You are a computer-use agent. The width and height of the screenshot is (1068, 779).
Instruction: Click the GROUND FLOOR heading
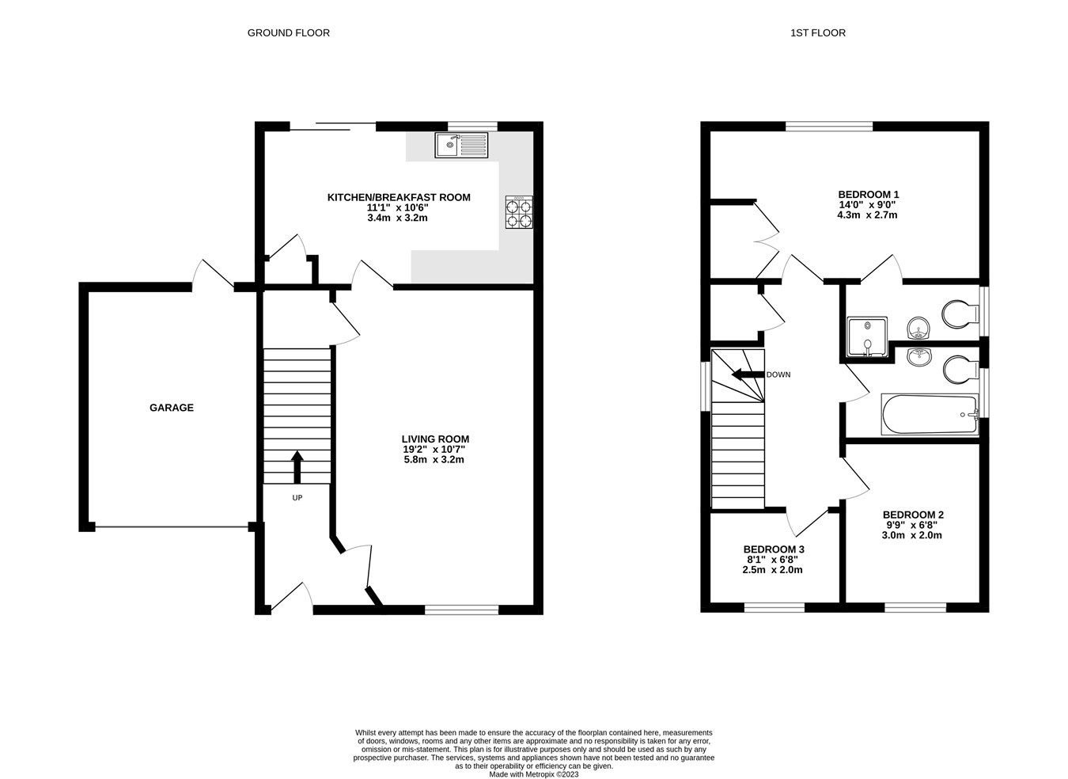288,32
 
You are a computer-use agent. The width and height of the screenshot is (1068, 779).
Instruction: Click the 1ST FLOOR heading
817,32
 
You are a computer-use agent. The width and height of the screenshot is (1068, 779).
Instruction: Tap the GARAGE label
172,408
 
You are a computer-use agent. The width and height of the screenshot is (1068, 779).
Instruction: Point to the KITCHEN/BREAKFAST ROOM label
399,197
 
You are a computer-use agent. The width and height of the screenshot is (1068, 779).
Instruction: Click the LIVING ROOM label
435,439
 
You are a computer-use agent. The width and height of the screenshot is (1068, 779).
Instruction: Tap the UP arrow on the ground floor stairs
297,467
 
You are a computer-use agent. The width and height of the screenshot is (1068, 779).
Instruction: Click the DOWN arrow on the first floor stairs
744,374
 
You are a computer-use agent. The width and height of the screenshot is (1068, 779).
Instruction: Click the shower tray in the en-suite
868,336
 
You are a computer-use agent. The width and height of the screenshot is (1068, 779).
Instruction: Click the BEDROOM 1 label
868,194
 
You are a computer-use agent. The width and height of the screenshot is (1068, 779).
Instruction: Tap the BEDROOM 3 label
774,549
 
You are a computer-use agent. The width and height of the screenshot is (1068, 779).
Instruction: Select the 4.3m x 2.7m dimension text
867,215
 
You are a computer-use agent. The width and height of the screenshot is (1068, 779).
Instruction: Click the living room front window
461,609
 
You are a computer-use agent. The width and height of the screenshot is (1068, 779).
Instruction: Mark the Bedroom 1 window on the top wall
829,126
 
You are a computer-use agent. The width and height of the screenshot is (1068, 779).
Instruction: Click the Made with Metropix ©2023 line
534,774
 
